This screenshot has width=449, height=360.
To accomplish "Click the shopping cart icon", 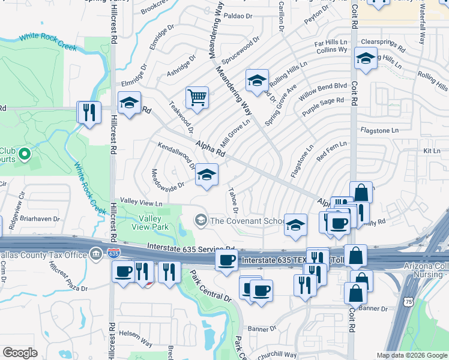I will (197, 97).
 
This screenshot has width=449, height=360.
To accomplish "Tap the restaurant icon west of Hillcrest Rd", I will (89, 112).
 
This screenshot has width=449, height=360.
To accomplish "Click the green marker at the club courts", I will (25, 155).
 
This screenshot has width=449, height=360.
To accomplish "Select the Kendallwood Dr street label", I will (176, 154).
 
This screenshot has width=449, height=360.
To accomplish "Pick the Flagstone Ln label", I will (379, 130).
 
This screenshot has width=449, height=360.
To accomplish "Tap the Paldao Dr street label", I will (238, 16).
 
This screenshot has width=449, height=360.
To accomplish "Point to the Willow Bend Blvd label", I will (324, 91).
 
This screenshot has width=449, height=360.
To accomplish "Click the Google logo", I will (20, 353).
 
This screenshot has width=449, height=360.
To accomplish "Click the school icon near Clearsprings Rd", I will (365, 59).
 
